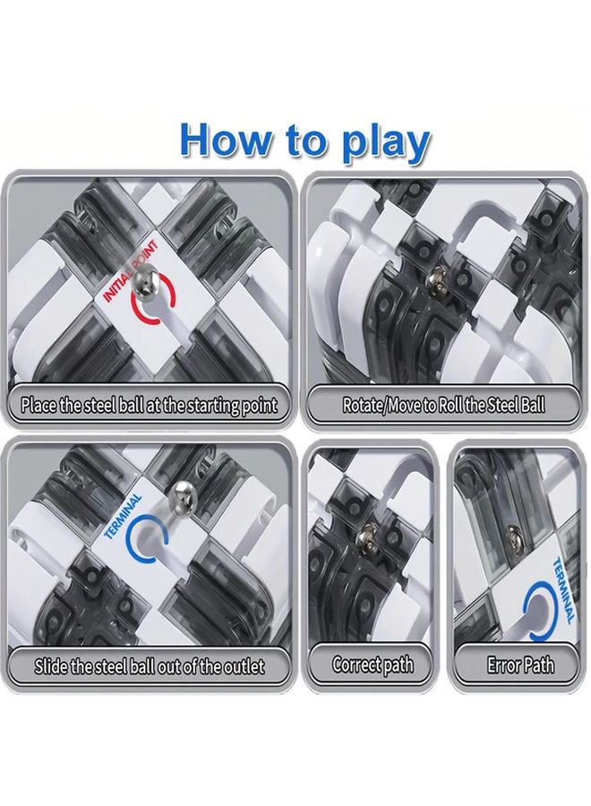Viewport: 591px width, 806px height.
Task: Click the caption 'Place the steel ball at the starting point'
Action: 149,405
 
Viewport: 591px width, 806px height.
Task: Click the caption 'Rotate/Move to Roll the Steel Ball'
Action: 443,405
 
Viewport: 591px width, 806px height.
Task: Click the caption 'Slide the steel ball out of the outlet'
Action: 150,666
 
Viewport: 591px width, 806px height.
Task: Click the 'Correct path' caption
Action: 373,665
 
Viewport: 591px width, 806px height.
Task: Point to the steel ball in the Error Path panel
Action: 513,537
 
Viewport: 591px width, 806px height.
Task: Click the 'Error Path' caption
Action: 520,665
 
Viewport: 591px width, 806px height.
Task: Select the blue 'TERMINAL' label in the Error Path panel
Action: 562,590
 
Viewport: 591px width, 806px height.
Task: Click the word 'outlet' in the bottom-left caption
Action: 245,666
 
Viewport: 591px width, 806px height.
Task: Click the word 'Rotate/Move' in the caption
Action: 381,405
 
